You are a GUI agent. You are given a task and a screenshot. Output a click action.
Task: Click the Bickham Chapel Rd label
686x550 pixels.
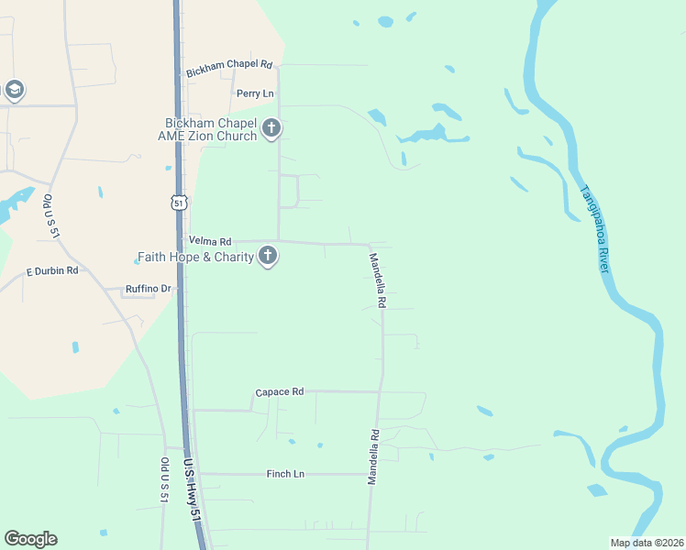(x=230, y=67)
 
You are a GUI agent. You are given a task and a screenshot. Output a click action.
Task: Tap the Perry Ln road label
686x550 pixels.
(x=255, y=93)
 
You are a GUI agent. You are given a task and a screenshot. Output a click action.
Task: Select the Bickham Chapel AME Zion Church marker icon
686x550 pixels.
(x=271, y=129)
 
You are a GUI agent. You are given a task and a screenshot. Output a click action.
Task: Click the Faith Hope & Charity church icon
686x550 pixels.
(x=268, y=256)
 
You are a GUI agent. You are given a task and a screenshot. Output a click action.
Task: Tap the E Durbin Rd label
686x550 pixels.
(x=52, y=271)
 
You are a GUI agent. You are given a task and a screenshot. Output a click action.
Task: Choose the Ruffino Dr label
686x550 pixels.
(x=149, y=289)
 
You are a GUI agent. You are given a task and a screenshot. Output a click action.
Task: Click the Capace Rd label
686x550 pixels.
(x=279, y=392)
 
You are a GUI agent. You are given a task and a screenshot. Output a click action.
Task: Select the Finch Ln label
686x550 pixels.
(x=285, y=474)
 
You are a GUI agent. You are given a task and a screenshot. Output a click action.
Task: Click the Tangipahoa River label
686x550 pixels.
(x=594, y=228)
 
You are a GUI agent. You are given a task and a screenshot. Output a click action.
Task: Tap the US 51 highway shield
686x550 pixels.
(x=179, y=201)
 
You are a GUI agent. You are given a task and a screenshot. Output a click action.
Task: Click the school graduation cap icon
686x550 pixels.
(x=14, y=90)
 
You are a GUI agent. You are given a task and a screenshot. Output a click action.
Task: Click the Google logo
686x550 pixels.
(x=30, y=539)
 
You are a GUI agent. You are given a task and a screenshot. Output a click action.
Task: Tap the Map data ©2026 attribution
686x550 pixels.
(x=647, y=543)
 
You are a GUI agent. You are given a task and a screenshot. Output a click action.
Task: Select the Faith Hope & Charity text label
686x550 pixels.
(x=195, y=257)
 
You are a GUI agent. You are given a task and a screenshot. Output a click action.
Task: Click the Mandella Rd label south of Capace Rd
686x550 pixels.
(x=374, y=457)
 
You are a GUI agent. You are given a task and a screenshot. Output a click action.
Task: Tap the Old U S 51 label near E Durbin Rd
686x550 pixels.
(x=51, y=216)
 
